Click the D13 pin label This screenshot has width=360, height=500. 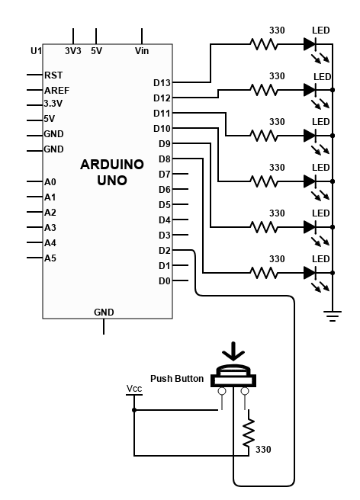162,83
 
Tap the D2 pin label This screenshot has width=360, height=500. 164,251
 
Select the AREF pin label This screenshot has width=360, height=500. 56,91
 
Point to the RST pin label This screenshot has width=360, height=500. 53,75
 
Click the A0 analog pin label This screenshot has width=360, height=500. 50,182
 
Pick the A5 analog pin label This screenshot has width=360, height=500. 50,258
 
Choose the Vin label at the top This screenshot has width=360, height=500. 142,51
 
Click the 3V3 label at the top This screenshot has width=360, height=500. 73,51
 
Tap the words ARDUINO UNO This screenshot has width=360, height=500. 112,172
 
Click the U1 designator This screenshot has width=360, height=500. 36,51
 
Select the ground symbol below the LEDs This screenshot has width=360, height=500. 333,316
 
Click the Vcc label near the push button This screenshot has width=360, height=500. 134,389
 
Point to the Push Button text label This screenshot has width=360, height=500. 177,379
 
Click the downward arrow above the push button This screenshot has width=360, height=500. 233,351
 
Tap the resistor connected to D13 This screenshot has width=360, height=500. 264,44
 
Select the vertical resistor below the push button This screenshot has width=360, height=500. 249,433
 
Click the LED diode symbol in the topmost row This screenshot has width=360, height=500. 310,44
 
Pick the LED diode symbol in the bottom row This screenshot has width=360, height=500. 310,273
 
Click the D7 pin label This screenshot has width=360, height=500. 164,175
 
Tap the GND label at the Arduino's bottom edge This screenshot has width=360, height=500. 104,312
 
